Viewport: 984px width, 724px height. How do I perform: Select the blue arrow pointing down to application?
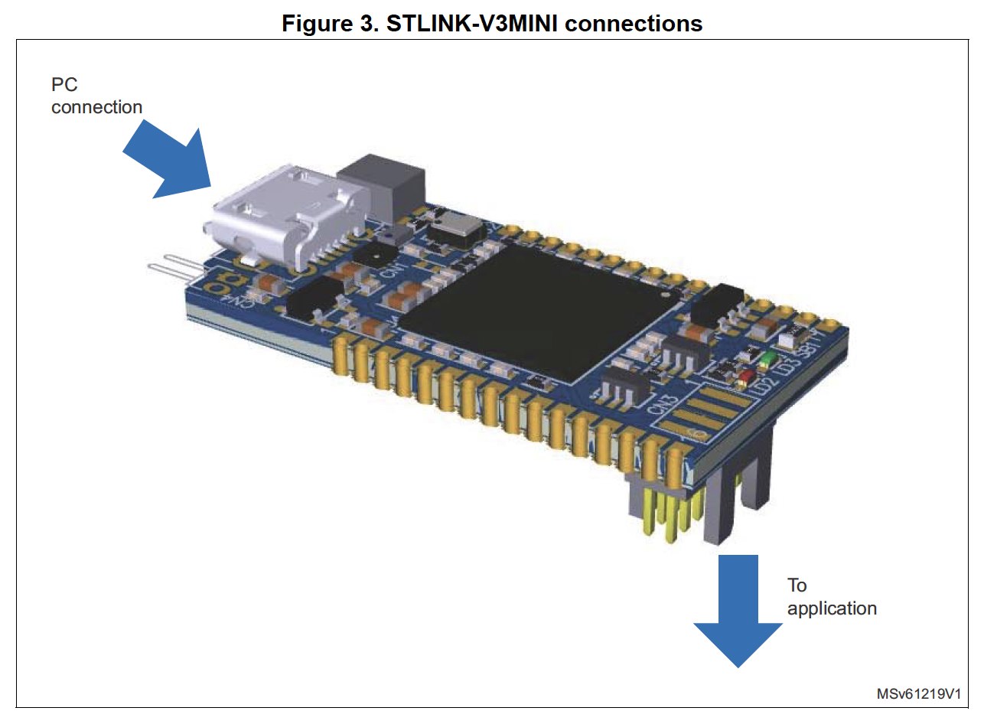coord(738,612)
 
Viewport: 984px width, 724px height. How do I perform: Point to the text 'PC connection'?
coord(96,96)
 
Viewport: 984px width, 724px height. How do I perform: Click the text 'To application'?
coord(831,597)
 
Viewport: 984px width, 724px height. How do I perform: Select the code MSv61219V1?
coord(917,694)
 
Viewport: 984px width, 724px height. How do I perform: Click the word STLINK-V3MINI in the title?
coord(466,23)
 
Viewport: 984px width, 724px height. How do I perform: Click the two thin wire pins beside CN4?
coord(174,267)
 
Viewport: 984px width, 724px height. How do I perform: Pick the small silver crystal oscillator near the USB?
coord(456,228)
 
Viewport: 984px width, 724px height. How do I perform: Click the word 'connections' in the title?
coord(634,23)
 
